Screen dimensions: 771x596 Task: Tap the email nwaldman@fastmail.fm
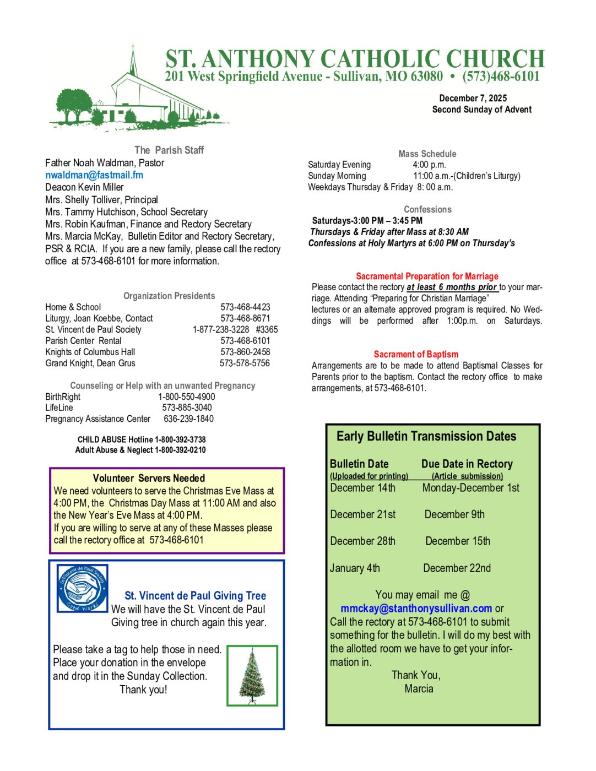pos(94,175)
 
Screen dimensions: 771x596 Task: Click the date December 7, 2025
pos(473,98)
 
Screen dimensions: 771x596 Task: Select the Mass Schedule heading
pos(427,154)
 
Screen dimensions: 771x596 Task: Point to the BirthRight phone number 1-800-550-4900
pos(187,397)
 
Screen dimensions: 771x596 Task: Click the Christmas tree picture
pos(252,676)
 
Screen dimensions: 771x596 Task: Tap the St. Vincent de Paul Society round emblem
pos(83,588)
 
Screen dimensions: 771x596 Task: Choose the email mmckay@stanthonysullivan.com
pos(416,609)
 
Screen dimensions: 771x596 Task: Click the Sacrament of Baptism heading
pos(416,354)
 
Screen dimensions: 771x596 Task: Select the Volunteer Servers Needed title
pos(149,478)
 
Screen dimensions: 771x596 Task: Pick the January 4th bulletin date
pos(355,568)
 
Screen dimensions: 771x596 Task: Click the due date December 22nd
pos(457,568)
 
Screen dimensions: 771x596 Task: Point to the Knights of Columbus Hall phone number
pos(245,352)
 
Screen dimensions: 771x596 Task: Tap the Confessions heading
pos(427,209)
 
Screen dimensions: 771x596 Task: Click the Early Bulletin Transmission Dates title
pos(426,436)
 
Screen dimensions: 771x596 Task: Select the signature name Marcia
pos(419,688)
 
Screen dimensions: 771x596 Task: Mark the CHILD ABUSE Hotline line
pos(142,439)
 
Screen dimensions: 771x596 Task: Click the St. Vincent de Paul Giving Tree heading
pos(195,595)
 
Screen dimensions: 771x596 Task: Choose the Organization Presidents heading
pos(169,296)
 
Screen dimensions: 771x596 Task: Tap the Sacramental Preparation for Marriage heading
pos(427,276)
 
